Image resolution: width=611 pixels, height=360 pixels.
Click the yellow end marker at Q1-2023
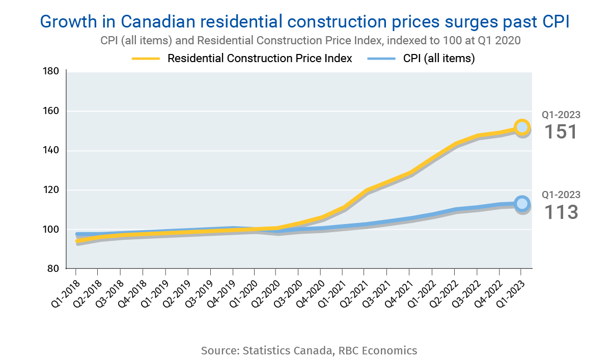point(522,127)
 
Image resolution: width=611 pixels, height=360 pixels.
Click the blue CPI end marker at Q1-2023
point(522,204)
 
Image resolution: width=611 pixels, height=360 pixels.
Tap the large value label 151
point(561,132)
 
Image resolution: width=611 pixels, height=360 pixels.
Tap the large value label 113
point(561,211)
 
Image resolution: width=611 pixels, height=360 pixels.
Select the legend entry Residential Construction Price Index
point(260,59)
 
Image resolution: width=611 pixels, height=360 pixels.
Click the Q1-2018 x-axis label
point(65,290)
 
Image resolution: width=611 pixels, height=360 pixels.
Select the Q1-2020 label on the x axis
point(244,290)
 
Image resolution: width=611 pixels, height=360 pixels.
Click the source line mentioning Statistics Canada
point(309,350)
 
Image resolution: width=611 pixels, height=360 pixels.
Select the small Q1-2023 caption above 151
point(561,115)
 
